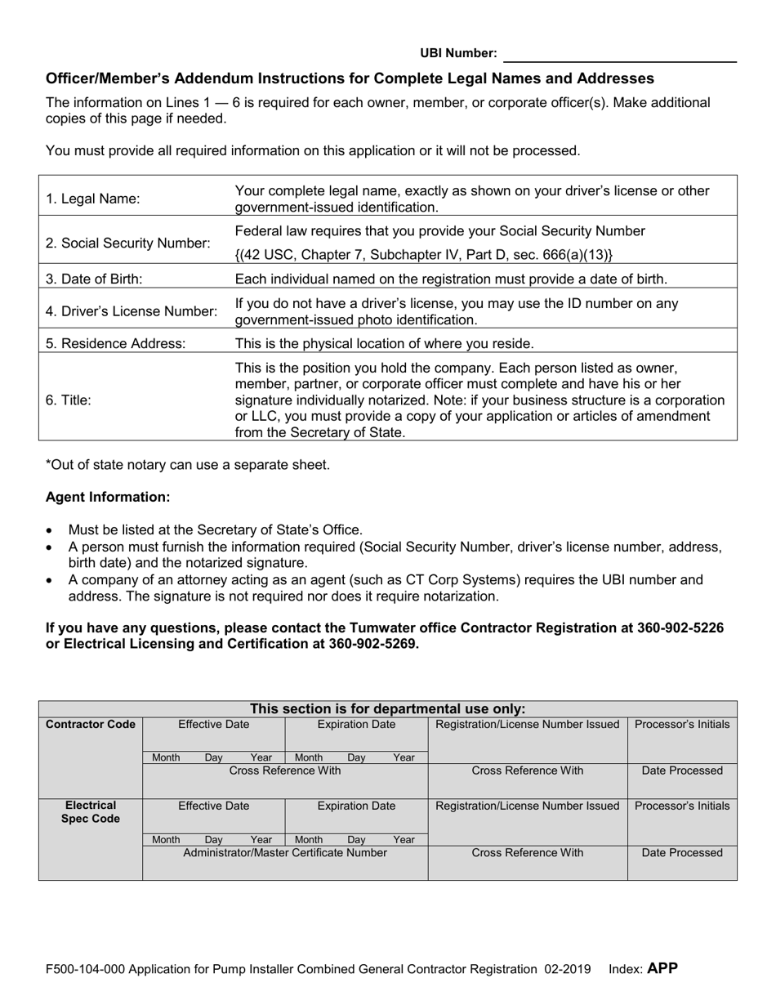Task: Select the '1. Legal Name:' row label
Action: pos(93,199)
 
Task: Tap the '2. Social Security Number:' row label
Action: pos(128,243)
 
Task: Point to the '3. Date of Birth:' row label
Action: pos(94,279)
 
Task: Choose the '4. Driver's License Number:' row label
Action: pos(132,311)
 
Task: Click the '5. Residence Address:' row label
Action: pos(116,343)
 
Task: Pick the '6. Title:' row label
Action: pos(69,400)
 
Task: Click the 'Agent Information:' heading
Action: pos(108,497)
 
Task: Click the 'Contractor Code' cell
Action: pos(91,725)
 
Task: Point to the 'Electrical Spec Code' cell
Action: pos(91,811)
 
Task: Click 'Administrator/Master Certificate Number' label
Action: pos(285,852)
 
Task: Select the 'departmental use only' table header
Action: pos(387,708)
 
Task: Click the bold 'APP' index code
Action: pos(662,969)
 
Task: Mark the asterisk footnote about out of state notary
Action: pos(188,465)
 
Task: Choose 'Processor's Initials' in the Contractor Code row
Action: pos(682,725)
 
